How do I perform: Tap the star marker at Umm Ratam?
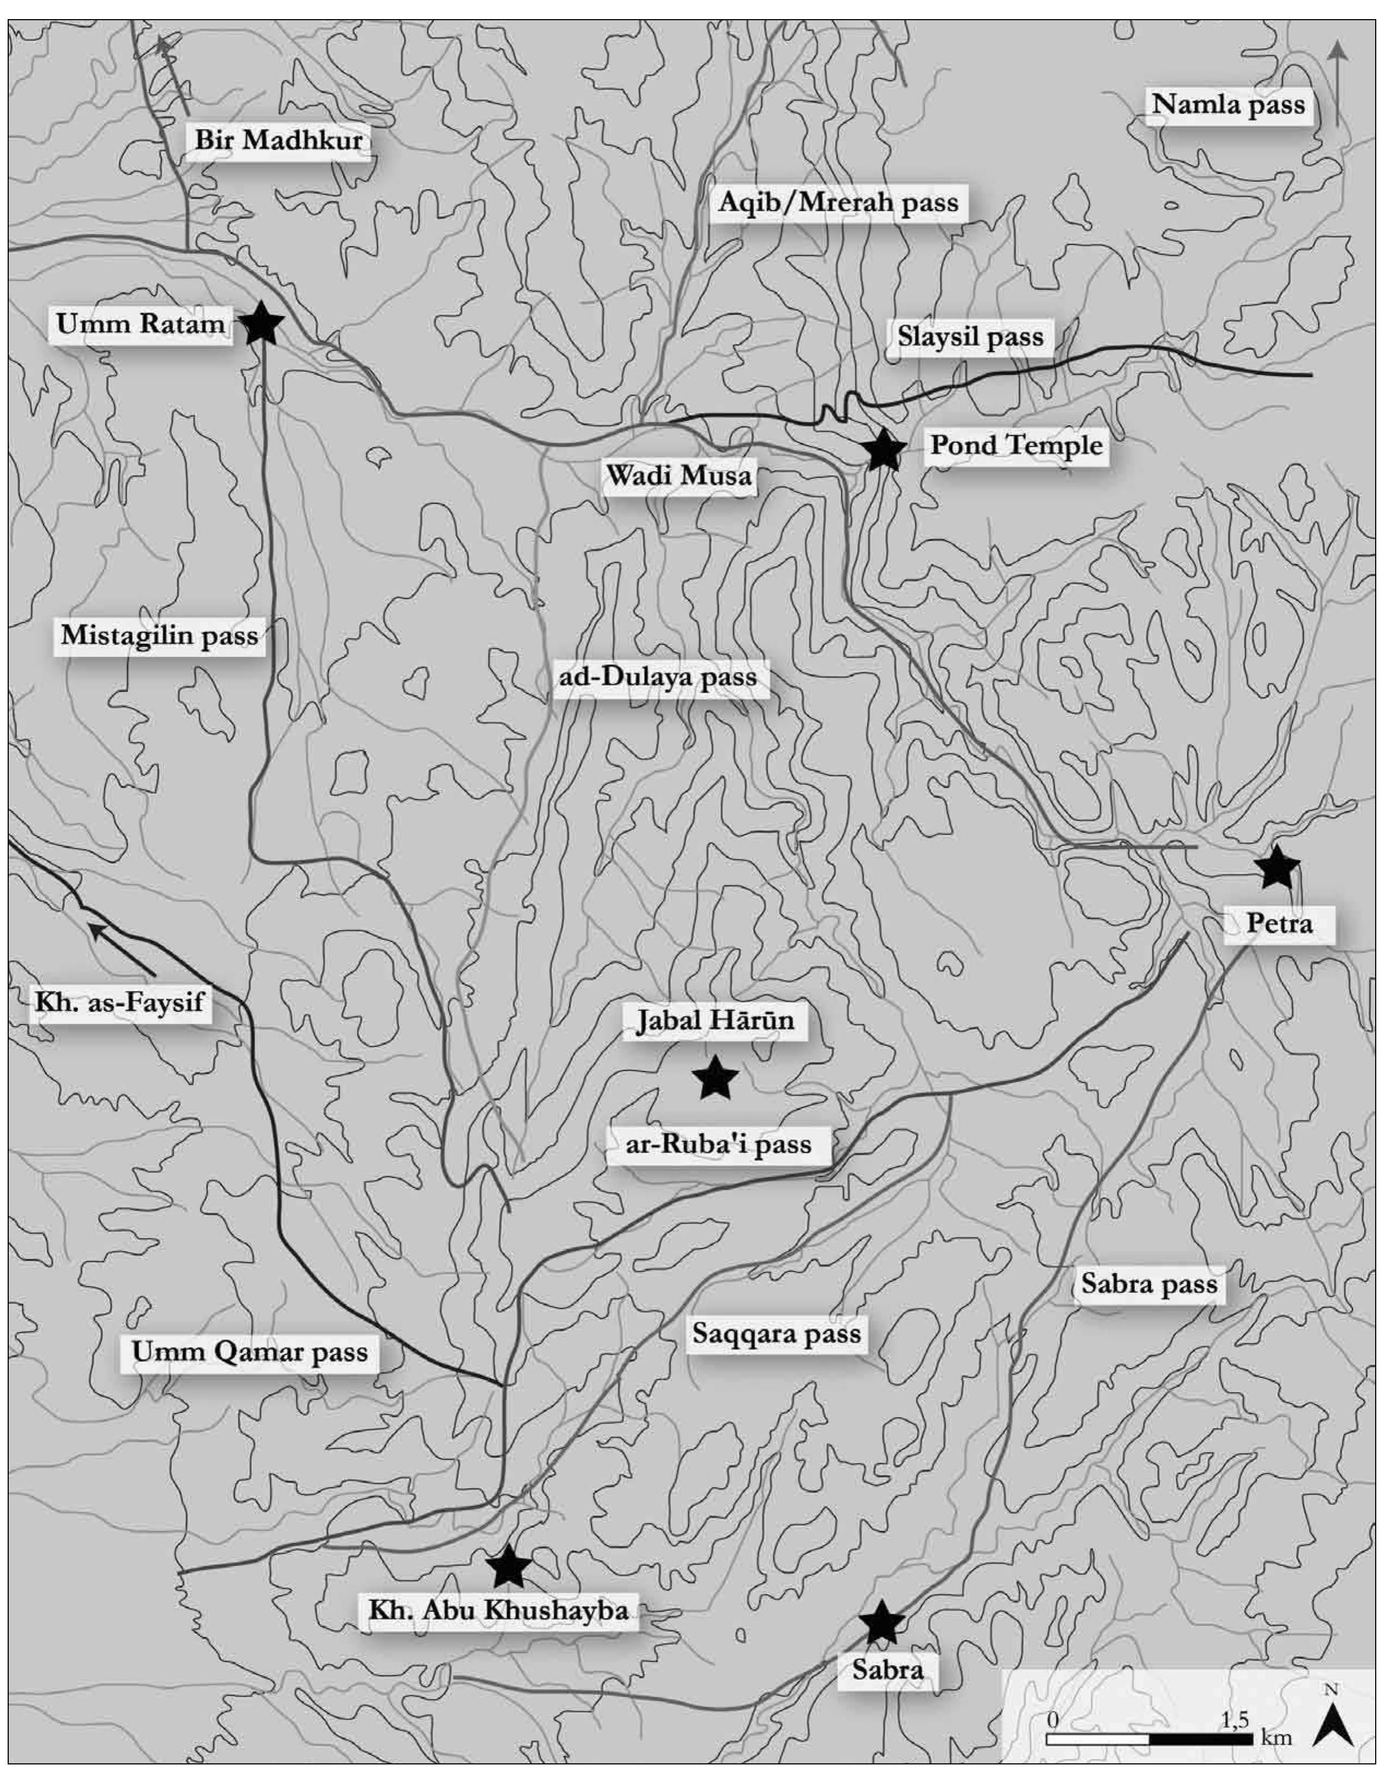tap(261, 323)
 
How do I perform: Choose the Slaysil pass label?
tap(970, 336)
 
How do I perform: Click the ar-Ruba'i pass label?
tap(718, 1144)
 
